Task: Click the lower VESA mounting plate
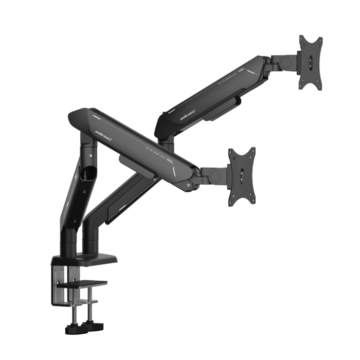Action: click(242, 174)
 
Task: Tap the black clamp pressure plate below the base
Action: click(82, 282)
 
